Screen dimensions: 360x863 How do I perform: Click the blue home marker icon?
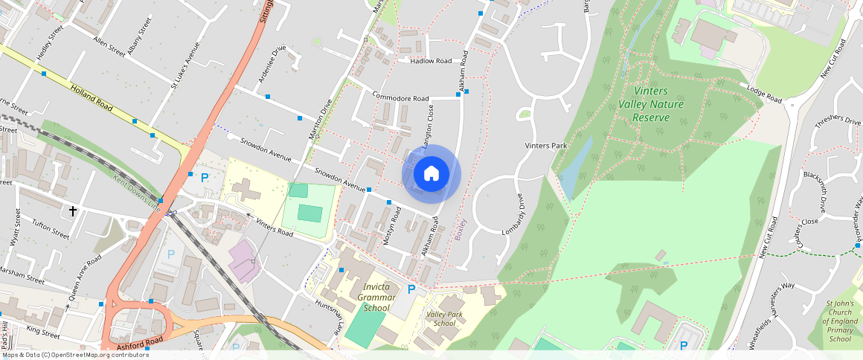[x=431, y=174]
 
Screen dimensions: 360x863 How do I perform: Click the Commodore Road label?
[x=401, y=98]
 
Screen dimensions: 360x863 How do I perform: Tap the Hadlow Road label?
[x=431, y=61]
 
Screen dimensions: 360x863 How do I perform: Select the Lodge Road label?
[x=764, y=94]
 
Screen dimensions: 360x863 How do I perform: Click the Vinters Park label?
[x=546, y=146]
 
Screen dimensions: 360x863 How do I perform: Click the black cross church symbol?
[x=73, y=211]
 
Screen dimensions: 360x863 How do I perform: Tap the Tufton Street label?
[x=50, y=228]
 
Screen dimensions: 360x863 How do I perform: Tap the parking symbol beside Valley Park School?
[x=411, y=289]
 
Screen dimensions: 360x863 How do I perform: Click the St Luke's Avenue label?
[x=185, y=66]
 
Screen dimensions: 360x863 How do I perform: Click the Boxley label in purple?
[x=461, y=229]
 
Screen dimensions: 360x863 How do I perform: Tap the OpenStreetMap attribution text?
[x=74, y=355]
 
